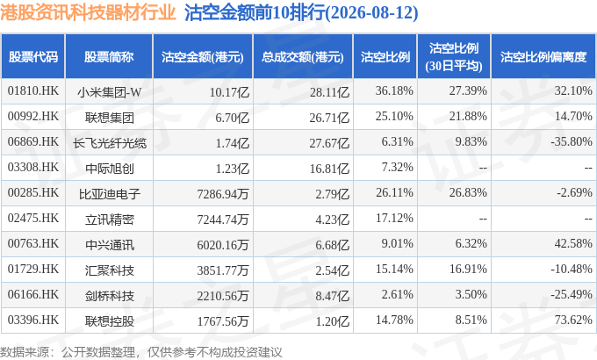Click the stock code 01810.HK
(33, 90)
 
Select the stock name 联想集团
(109, 118)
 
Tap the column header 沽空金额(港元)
(203, 57)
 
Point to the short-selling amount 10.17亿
(229, 92)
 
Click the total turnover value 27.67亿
(329, 143)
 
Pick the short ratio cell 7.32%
(397, 167)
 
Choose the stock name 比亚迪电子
(109, 194)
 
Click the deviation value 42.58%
(573, 243)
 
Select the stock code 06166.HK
(33, 294)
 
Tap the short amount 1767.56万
(223, 321)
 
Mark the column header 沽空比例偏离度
(543, 57)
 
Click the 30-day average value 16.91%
(468, 269)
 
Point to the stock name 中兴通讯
(109, 245)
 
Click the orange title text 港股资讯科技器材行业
(88, 11)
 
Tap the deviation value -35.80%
(572, 141)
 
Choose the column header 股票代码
(33, 57)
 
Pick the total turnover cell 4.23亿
(332, 220)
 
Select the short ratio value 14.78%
(394, 320)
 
